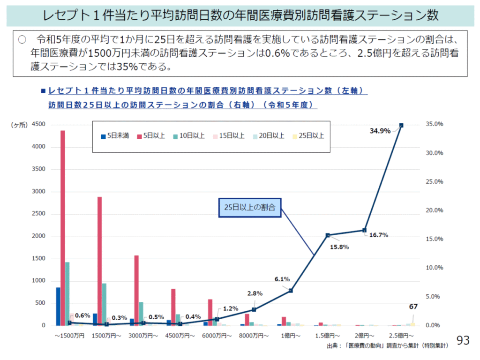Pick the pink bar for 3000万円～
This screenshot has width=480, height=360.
pyautogui.click(x=136, y=290)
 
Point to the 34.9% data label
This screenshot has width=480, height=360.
pyautogui.click(x=380, y=131)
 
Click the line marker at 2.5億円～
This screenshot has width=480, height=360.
pyautogui.click(x=401, y=125)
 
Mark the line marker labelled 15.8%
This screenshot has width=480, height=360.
pyautogui.click(x=328, y=235)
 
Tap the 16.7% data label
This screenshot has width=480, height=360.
pyautogui.click(x=378, y=235)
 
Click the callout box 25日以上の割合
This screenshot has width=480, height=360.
pyautogui.click(x=250, y=207)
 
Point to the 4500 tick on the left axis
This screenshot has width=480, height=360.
pyautogui.click(x=38, y=125)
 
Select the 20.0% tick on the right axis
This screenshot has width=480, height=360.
pyautogui.click(x=435, y=210)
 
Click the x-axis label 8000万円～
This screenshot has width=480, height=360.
pyautogui.click(x=254, y=336)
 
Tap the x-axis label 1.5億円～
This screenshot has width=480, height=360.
pyautogui.click(x=328, y=336)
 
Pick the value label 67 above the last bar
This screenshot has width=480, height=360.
pyautogui.click(x=413, y=307)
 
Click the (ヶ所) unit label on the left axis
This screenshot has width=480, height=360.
pyautogui.click(x=19, y=125)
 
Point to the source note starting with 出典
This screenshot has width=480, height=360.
pyautogui.click(x=387, y=346)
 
